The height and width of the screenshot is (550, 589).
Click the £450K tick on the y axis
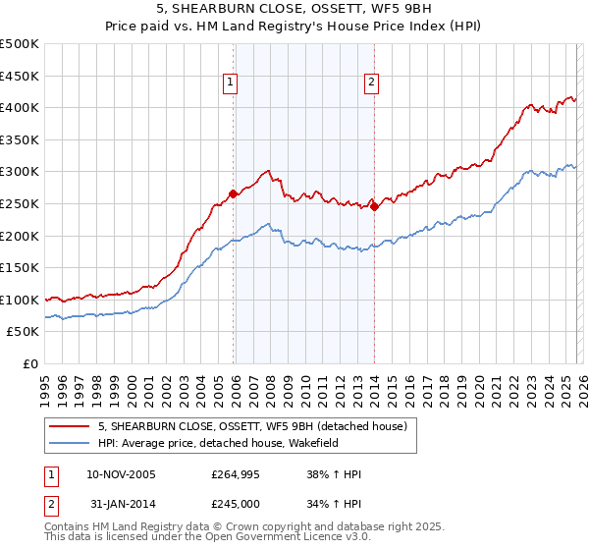20,76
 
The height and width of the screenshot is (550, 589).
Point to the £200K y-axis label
20,236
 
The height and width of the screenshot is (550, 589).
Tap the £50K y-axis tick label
24,332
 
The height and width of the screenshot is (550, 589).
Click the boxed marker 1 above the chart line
230,83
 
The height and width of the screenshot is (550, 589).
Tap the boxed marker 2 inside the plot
372,83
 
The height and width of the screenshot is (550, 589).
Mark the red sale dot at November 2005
234,193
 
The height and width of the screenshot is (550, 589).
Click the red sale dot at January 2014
375,206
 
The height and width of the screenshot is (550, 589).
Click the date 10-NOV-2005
122,475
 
